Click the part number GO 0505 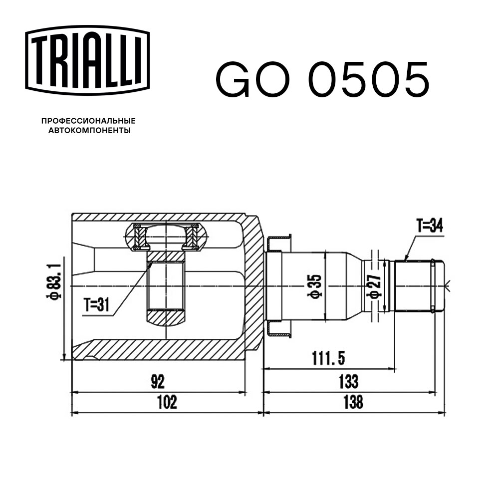pos(322,80)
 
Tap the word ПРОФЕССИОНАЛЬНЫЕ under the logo pos(88,121)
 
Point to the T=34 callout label pos(430,227)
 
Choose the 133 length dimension pos(348,382)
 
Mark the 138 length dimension pos(353,402)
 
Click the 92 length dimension pos(158,382)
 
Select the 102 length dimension pos(167,402)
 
